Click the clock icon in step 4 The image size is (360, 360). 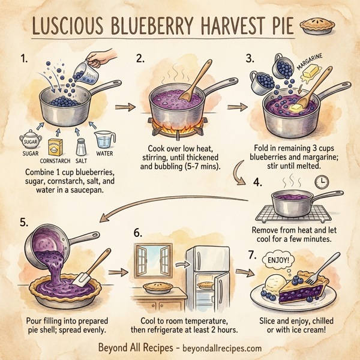[x=323, y=182]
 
